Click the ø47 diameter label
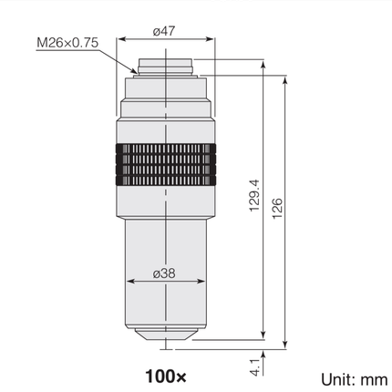click(x=164, y=31)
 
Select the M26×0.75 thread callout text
click(x=67, y=43)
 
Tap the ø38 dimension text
click(x=164, y=273)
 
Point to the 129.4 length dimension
click(x=254, y=196)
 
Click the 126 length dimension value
click(x=277, y=209)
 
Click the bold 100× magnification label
click(x=166, y=377)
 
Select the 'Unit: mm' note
click(x=355, y=380)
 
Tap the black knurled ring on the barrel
click(x=166, y=165)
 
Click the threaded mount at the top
click(x=166, y=67)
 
